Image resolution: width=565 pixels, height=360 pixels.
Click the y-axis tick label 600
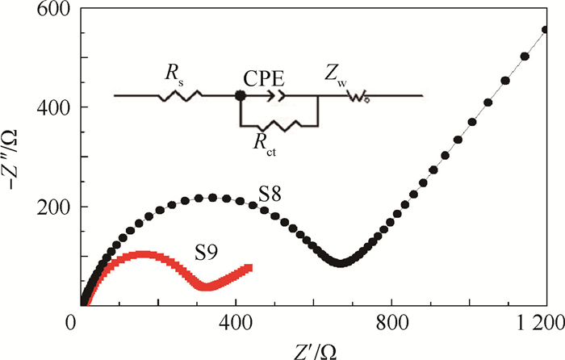click(x=52, y=10)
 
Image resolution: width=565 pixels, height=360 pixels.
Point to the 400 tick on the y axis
click(x=52, y=107)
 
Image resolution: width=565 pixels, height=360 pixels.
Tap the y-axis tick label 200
click(x=52, y=207)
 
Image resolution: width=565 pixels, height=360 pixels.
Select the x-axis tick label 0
click(x=70, y=321)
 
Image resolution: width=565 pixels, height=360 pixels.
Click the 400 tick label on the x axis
click(x=236, y=321)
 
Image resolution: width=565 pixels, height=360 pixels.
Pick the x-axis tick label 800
click(x=391, y=321)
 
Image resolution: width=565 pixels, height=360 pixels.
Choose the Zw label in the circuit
click(x=356, y=77)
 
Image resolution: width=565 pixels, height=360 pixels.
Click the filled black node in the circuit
click(x=240, y=96)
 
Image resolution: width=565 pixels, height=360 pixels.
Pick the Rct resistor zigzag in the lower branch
click(x=278, y=124)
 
